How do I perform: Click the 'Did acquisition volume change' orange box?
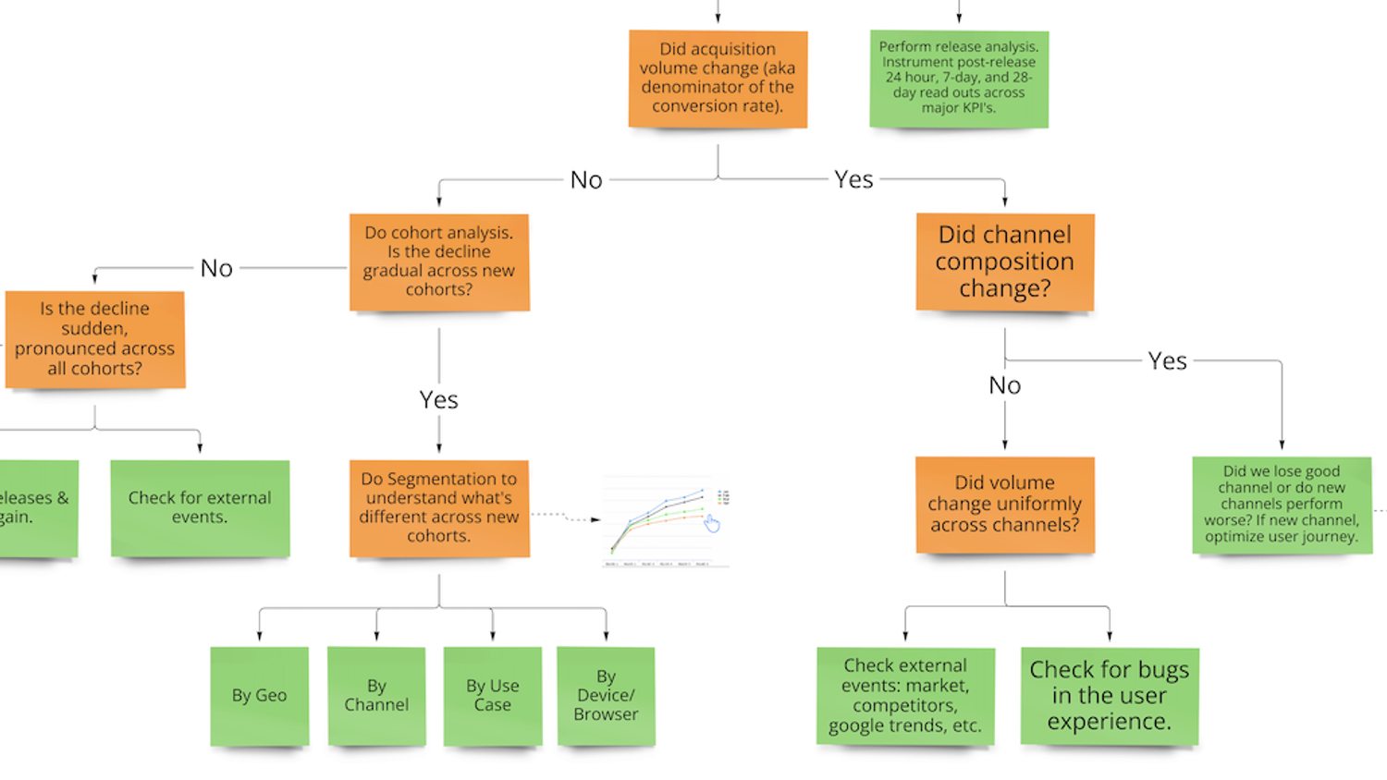[x=718, y=79]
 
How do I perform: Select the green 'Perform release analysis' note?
[x=959, y=79]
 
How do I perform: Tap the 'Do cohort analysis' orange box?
[x=439, y=262]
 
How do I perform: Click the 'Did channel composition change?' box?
[x=1005, y=262]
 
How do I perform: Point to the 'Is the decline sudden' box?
[x=94, y=338]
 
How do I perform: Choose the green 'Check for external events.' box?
[x=200, y=507]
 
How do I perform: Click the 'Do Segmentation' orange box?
[x=439, y=507]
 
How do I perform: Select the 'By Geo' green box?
[x=259, y=696]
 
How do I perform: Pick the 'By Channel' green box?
[x=376, y=696]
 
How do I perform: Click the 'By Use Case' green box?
[x=493, y=696]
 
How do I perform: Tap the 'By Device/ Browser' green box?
[x=606, y=696]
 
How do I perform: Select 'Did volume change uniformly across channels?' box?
[x=1005, y=504]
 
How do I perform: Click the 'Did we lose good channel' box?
[x=1282, y=504]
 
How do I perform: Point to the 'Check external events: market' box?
[x=905, y=696]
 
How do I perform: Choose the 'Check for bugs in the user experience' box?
[x=1110, y=696]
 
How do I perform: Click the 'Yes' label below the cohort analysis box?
[x=438, y=400]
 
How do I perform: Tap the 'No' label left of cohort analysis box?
[x=216, y=269]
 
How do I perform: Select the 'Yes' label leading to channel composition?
[x=853, y=179]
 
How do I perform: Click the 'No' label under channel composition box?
[x=1005, y=385]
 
